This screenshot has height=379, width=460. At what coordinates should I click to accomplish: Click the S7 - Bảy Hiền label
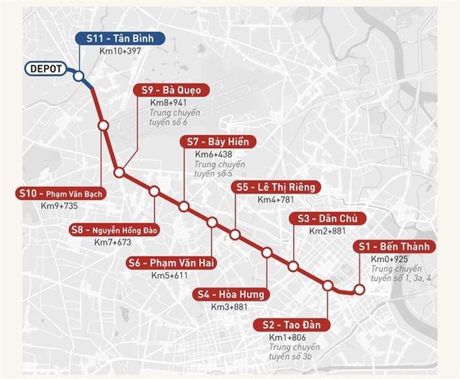tap(218, 141)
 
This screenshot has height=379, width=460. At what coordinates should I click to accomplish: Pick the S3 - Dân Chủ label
tap(327, 218)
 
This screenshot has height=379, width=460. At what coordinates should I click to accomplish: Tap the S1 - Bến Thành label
tap(395, 246)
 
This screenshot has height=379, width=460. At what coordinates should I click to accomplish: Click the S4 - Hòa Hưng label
tap(231, 294)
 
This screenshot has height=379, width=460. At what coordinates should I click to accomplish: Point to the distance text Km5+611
tap(170, 275)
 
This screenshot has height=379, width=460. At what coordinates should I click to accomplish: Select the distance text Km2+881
tap(328, 231)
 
